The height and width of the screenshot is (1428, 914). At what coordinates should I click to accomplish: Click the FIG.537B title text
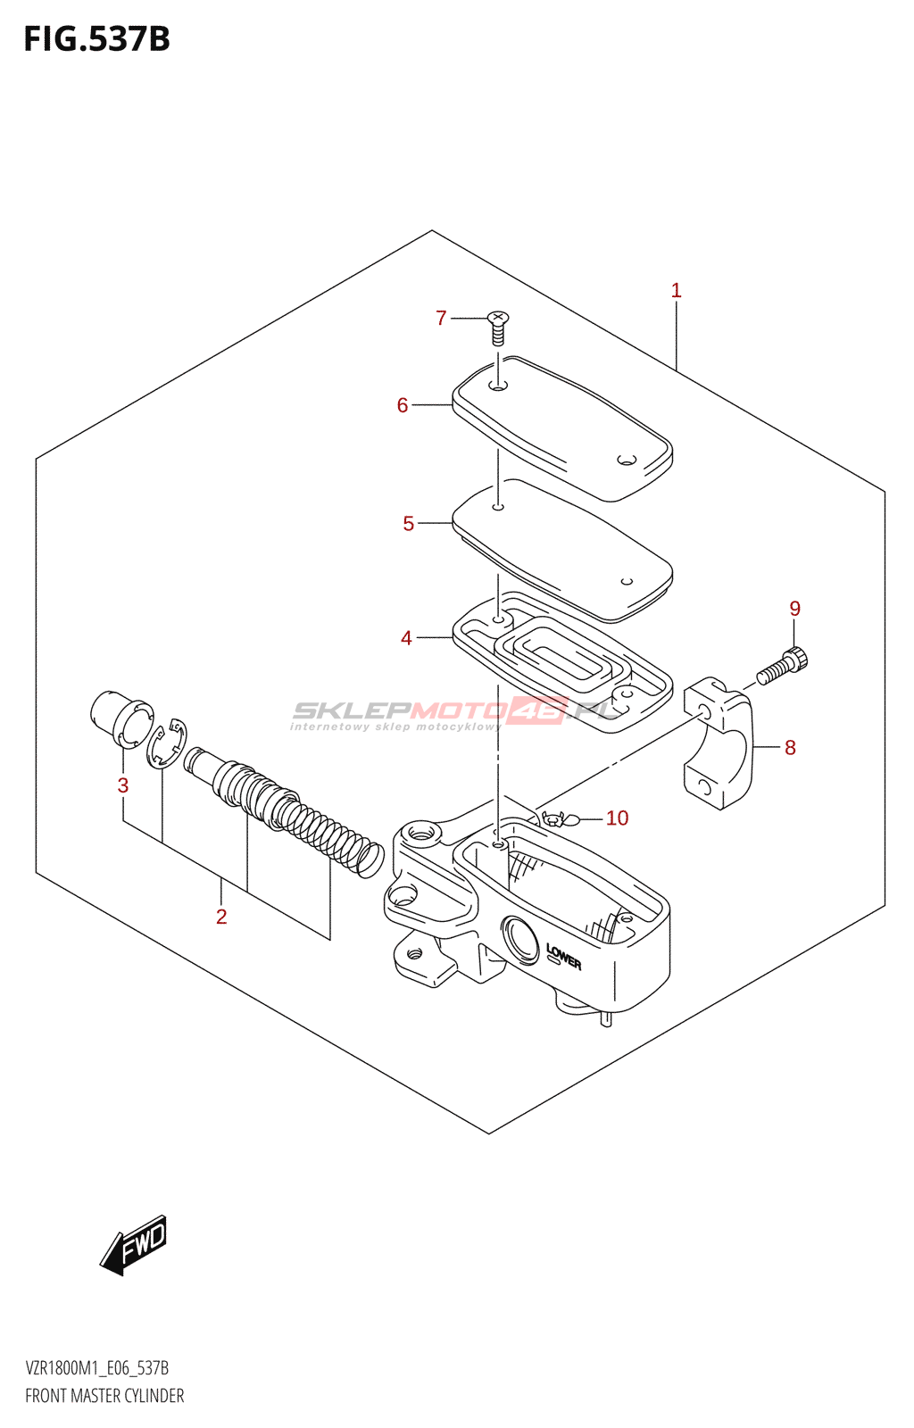pos(96,39)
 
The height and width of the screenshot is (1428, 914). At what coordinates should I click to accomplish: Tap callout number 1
pos(676,290)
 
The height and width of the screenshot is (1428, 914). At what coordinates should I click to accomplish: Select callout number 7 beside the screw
pos(441,318)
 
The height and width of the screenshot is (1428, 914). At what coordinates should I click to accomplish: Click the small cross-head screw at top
pos(498,328)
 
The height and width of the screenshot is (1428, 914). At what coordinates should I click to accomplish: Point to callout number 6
pos(403,405)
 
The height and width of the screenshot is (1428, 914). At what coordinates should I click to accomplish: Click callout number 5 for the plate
pos(409,524)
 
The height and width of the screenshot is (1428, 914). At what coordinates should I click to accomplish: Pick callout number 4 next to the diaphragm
pos(406,638)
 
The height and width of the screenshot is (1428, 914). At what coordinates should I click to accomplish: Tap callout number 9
pos(794,609)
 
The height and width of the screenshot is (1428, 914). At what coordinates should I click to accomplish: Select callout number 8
pos(790,748)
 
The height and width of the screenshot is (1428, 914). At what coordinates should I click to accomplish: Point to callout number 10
pos(617,818)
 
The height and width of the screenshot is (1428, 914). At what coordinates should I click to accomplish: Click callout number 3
pos(123,785)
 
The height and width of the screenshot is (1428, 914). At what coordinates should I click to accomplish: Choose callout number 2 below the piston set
pos(221,917)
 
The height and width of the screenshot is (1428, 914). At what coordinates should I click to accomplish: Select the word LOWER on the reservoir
pos(563,958)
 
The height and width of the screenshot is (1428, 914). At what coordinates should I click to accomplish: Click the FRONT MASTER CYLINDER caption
pos(104,1396)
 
